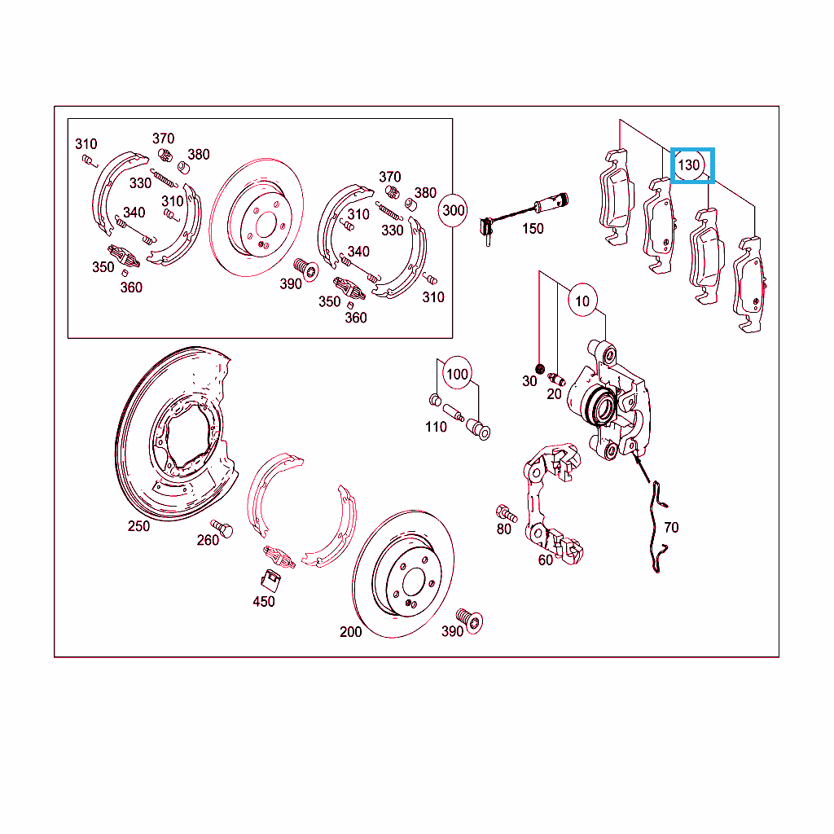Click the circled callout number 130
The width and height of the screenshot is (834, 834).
coord(689,165)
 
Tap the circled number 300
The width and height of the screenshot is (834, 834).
coord(453,210)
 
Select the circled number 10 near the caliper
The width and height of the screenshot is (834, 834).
coord(582,301)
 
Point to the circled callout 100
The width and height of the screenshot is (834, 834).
coord(457,374)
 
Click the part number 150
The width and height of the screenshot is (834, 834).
coord(533,229)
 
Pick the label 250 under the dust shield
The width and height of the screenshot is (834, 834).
coord(138,526)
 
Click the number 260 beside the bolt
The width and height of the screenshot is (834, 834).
coord(208,540)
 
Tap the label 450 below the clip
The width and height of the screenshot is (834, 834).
coord(263,602)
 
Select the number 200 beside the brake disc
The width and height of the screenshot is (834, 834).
coord(350,632)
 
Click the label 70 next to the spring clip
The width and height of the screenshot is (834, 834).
coord(671,527)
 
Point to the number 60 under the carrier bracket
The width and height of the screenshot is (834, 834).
coord(545,560)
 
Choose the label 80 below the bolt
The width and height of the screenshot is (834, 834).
coord(503,529)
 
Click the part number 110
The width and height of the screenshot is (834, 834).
coord(436,427)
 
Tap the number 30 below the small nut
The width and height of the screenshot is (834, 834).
coord(529,381)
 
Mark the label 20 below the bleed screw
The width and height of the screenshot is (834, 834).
coord(554,394)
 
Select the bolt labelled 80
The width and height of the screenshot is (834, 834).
coord(507,513)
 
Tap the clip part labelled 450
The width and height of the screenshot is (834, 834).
coord(270,580)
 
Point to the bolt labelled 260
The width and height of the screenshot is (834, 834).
coord(222,528)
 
